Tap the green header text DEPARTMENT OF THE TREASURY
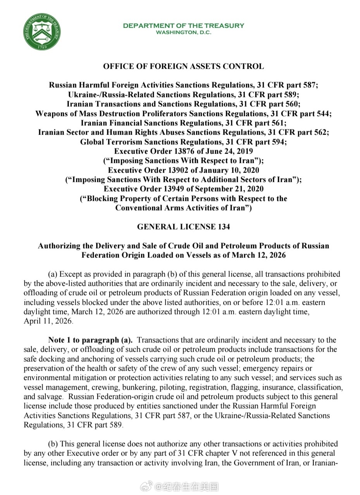[x=183, y=26]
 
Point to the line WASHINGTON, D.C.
[x=183, y=33]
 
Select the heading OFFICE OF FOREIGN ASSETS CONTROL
[x=183, y=66]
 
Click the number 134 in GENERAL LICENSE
[x=224, y=227]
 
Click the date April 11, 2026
[x=48, y=321]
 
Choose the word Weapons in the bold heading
[x=50, y=114]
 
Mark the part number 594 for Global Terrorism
[x=278, y=142]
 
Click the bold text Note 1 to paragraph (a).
[x=90, y=340]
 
